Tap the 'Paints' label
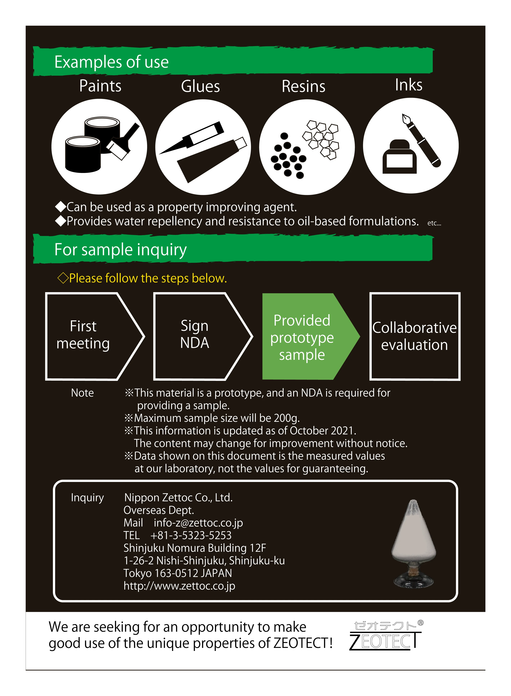(100, 86)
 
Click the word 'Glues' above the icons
(200, 86)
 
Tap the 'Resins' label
(303, 86)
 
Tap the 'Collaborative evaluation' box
(414, 336)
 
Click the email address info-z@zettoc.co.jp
(198, 523)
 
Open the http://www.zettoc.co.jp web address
(179, 586)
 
